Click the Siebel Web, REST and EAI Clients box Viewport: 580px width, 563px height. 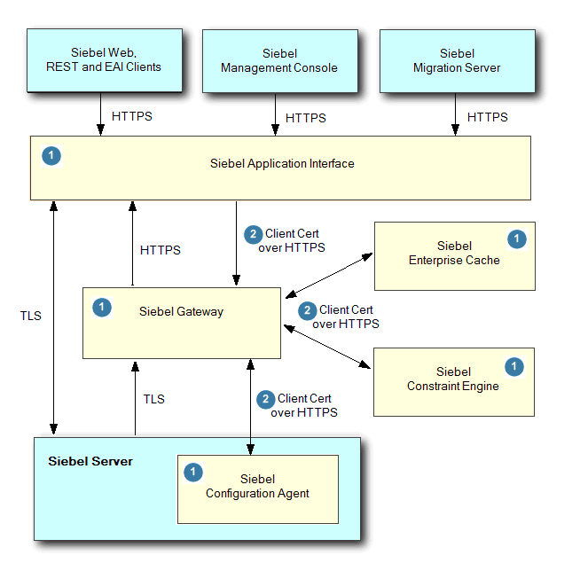coord(105,59)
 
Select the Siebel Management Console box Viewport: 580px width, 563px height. coord(279,60)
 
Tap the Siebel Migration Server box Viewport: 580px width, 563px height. coord(456,60)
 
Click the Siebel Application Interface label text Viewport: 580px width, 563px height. coord(282,163)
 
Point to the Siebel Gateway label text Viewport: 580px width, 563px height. coord(181,311)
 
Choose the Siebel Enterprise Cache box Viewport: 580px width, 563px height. coord(454,255)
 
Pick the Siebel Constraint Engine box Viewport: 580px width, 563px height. coord(453,381)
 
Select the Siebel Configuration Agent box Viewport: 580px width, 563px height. coord(258,489)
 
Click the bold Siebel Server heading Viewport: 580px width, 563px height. coord(90,461)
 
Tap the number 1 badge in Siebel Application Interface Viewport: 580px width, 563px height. coord(51,156)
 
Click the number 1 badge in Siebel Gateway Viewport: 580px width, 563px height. coord(102,308)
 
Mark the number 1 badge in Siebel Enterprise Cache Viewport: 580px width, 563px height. coord(515,238)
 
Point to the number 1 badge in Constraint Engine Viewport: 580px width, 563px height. coord(514,365)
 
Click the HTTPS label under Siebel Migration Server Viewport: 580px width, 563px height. coord(487,117)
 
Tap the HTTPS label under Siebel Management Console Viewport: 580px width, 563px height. coord(305,118)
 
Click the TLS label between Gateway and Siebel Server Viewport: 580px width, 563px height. coord(153,399)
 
